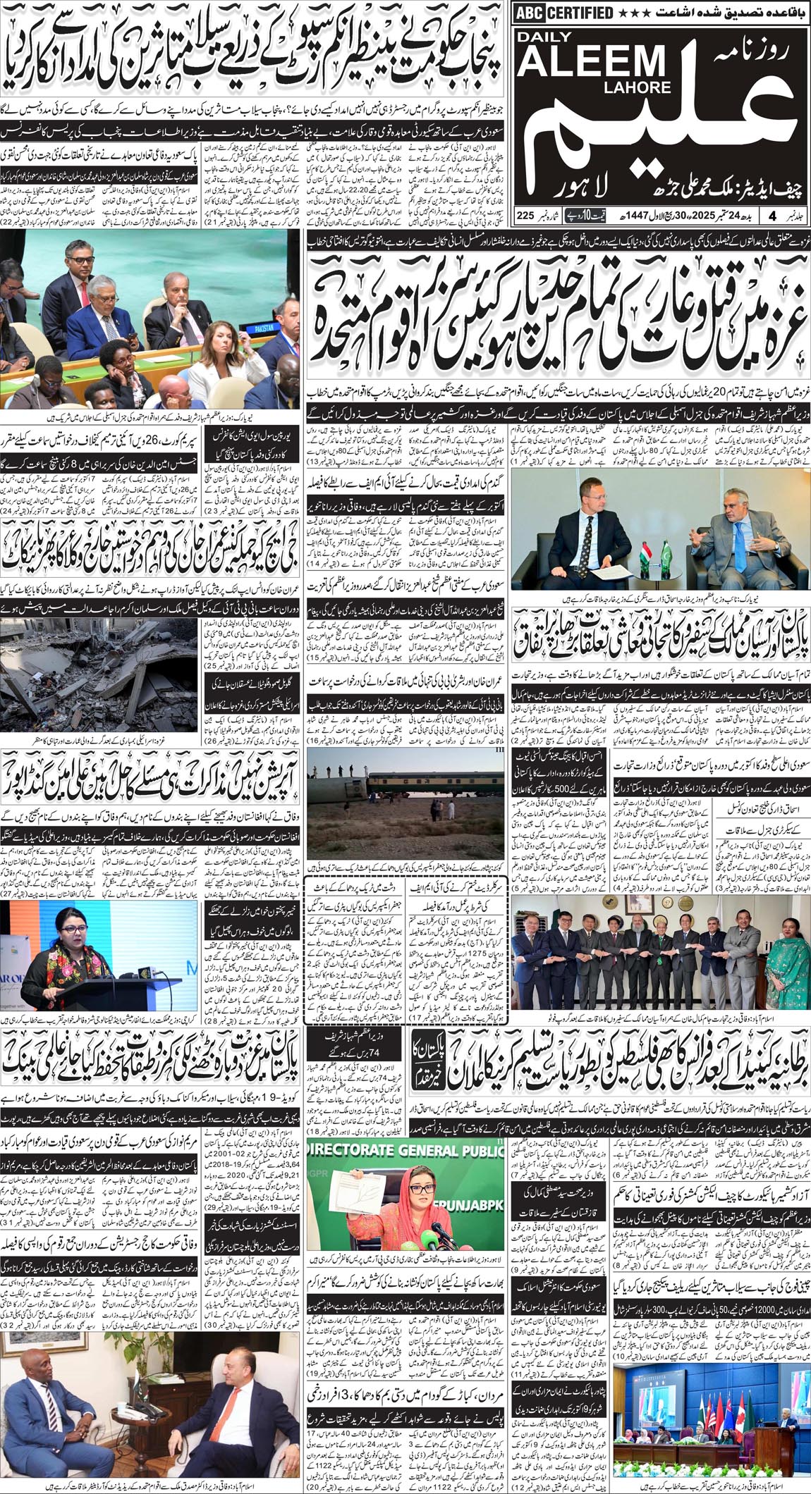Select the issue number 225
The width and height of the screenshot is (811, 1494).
525,215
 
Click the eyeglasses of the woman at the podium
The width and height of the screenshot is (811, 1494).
65,939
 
